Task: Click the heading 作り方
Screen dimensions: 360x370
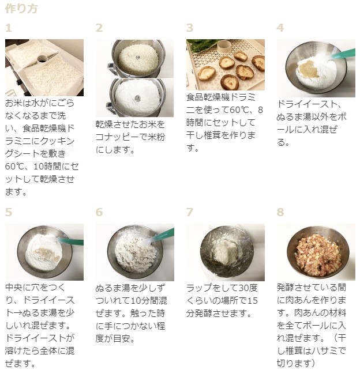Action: (x=21, y=9)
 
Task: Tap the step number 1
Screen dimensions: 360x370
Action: (x=9, y=28)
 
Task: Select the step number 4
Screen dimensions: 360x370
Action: (x=280, y=28)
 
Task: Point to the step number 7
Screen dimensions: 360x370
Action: (x=190, y=212)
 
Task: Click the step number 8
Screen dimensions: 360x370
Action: (x=280, y=212)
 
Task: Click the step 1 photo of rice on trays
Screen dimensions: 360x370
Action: (x=44, y=68)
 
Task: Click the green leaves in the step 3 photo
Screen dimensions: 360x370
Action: (x=204, y=43)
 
